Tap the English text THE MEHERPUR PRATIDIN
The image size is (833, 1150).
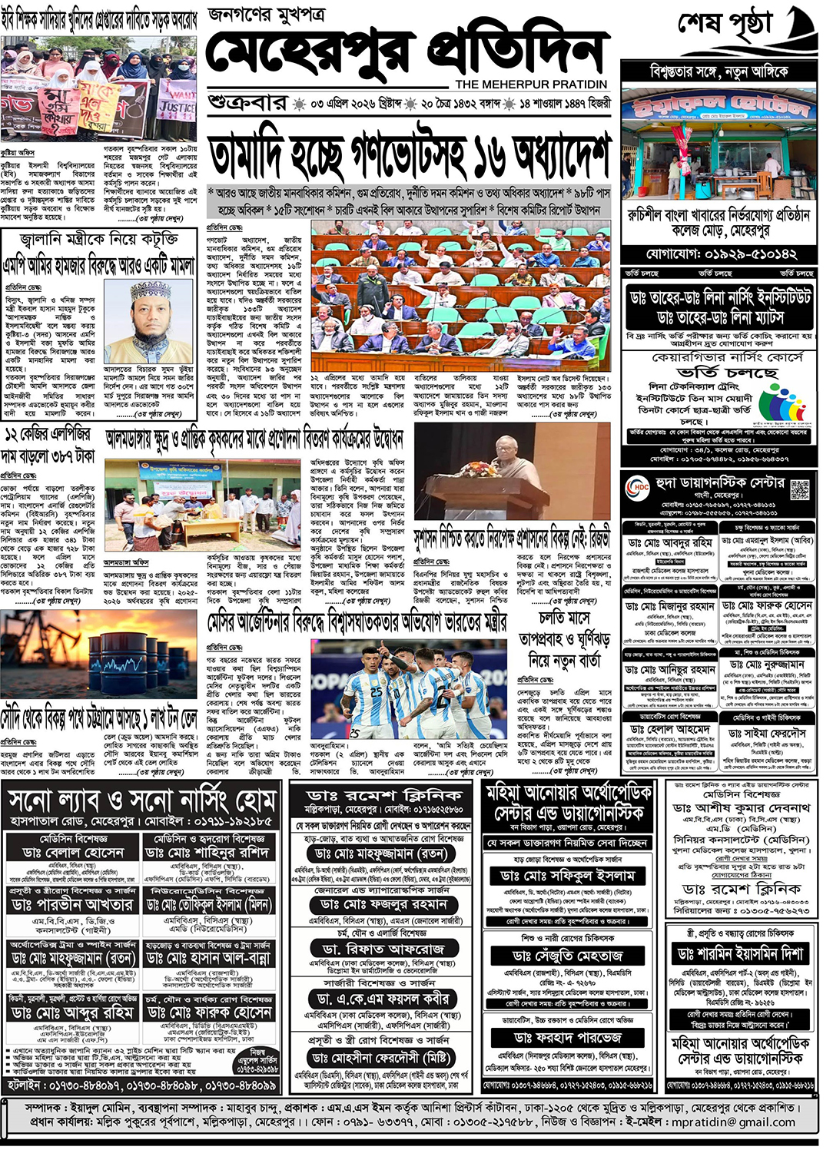tap(530, 85)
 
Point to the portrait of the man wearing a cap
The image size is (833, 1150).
tap(149, 314)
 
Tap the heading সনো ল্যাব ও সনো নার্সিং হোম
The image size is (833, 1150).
tap(143, 802)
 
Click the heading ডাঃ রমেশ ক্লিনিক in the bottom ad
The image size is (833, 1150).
tap(384, 796)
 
